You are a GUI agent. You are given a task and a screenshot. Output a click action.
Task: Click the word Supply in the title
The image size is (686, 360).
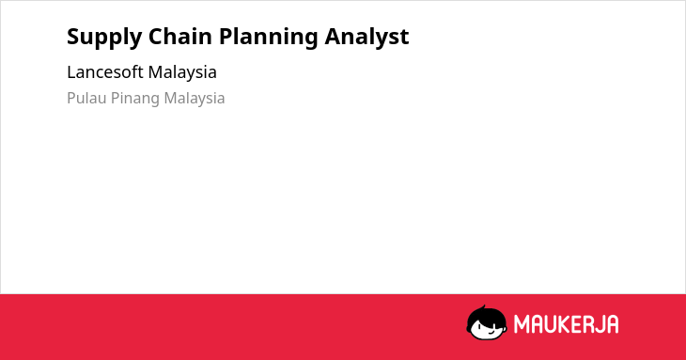pyautogui.click(x=104, y=38)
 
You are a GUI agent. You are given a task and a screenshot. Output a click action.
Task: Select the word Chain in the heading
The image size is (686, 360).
pyautogui.click(x=180, y=36)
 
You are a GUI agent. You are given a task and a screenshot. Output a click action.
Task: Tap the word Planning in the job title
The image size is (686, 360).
pyautogui.click(x=268, y=38)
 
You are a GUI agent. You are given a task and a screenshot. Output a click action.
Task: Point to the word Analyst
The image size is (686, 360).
pyautogui.click(x=366, y=38)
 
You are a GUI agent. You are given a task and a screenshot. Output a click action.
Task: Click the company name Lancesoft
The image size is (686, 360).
pyautogui.click(x=105, y=72)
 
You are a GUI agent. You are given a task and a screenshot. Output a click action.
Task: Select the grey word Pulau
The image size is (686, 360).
pyautogui.click(x=86, y=98)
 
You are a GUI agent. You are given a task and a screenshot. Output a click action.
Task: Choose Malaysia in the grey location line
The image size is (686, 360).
pyautogui.click(x=195, y=99)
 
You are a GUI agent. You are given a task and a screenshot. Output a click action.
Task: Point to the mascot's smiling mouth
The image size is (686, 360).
pyautogui.click(x=490, y=331)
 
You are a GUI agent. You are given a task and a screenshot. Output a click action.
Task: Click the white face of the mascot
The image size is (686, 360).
pyautogui.click(x=487, y=330)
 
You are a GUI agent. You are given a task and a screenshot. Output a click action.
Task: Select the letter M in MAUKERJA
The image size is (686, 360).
pyautogui.click(x=522, y=324)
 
